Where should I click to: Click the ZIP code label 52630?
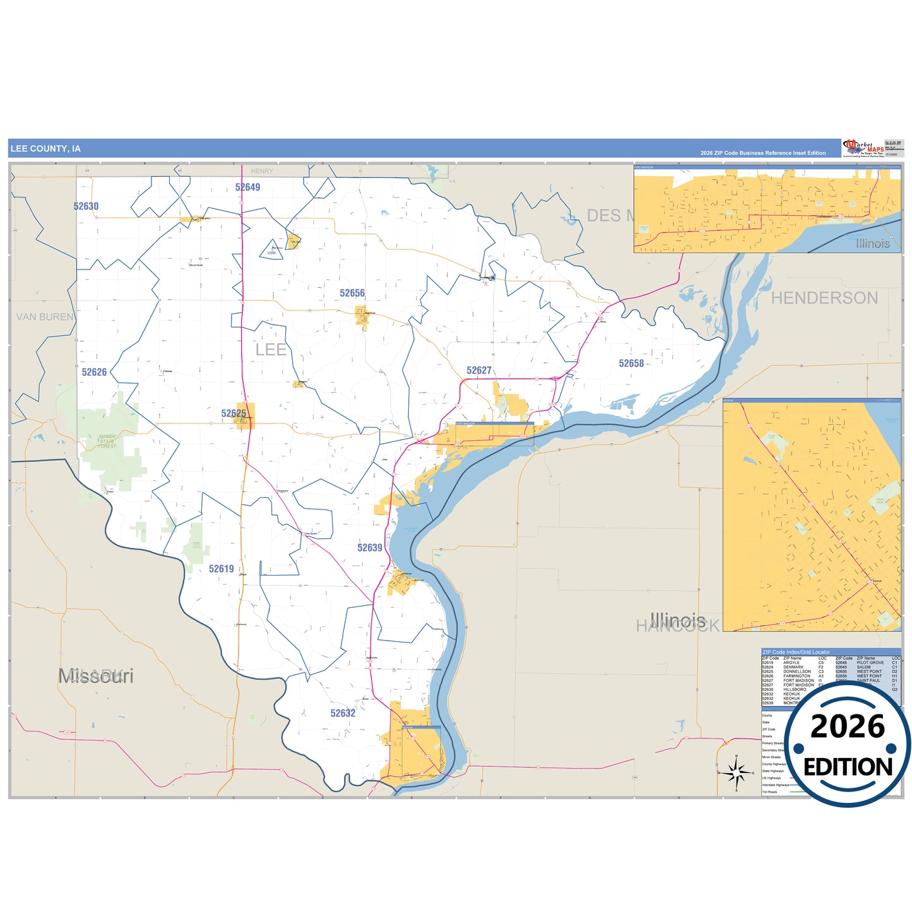86,206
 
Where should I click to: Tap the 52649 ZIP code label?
247,187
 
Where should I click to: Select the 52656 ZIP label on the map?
352,293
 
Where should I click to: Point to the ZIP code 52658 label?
631,364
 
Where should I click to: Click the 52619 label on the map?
222,569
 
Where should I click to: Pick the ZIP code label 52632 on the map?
343,713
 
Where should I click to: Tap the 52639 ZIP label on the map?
370,548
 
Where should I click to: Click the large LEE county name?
271,350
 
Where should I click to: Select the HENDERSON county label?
824,298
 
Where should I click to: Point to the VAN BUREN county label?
45,317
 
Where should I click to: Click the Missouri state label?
96,676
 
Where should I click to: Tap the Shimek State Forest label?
107,441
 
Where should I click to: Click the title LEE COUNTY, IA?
45,149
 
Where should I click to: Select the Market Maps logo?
863,148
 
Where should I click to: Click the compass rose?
736,772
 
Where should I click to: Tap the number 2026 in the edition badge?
848,727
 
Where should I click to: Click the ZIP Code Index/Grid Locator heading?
796,652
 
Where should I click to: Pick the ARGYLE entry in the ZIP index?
791,663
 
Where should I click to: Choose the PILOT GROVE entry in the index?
870,663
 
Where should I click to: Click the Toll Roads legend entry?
769,791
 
